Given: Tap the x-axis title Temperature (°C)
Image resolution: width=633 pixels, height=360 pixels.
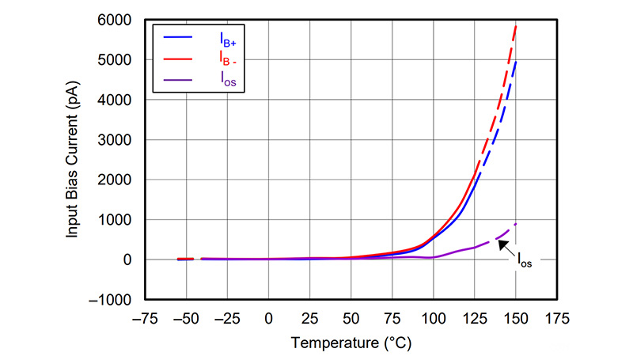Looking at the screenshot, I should (351, 343).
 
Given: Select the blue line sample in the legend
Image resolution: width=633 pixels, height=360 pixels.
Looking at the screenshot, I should (178, 37).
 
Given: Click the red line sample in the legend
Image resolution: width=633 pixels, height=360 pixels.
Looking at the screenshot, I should (178, 58).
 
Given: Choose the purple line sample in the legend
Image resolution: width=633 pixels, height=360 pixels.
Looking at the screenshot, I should (178, 79).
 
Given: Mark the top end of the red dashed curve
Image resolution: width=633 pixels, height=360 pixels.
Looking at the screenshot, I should (516, 25).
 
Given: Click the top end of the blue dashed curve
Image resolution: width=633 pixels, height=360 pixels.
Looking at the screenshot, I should (516, 62).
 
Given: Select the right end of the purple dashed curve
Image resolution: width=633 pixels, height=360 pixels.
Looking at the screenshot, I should (516, 224).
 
